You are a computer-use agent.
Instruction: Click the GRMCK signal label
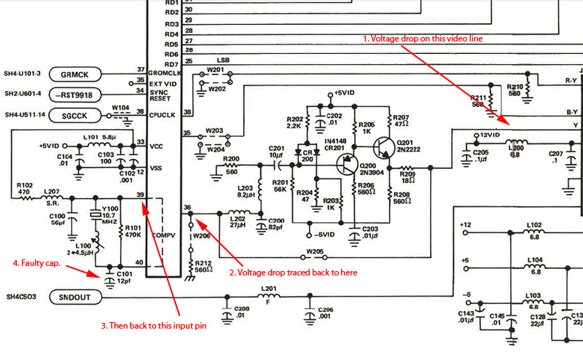pos(75,74)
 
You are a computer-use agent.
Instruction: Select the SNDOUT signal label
pos(75,297)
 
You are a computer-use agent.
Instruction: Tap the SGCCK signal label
pos(75,115)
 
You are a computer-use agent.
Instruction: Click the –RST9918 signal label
pos(75,94)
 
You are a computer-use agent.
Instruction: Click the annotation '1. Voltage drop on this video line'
pos(422,37)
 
